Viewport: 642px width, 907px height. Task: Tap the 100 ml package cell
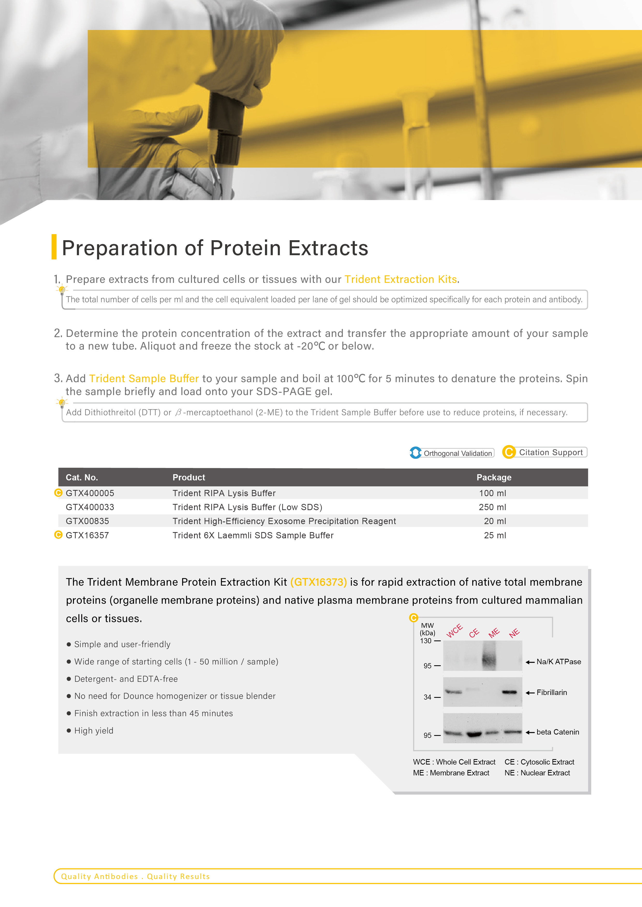(493, 493)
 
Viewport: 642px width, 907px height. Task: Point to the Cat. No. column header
(82, 477)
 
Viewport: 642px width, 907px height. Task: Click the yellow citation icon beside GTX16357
(58, 535)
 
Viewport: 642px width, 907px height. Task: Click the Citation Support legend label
(551, 452)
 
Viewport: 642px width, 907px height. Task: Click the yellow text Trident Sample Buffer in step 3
(144, 379)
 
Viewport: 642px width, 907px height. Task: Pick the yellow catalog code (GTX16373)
(319, 582)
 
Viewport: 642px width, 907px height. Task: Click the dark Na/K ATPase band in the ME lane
(489, 659)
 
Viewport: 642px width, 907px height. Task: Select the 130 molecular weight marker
(426, 641)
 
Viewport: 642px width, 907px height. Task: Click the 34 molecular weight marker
(427, 697)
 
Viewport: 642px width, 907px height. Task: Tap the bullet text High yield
(94, 731)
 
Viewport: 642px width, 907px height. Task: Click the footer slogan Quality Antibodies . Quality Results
(135, 876)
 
